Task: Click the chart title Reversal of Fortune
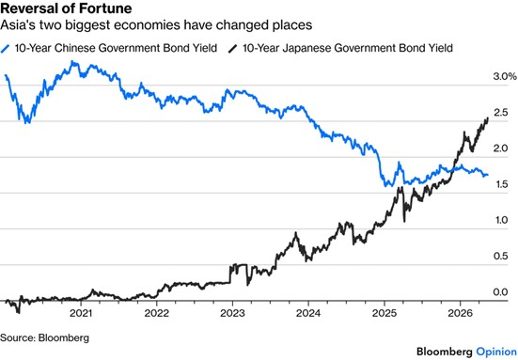[x=66, y=8]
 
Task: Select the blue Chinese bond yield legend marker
[x=5, y=49]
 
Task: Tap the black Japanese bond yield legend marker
[x=233, y=49]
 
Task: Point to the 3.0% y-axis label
[x=505, y=77]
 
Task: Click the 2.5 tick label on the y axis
[x=500, y=113]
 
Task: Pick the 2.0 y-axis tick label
[x=500, y=149]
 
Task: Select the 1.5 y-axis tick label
[x=501, y=184]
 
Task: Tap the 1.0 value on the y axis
[x=501, y=220]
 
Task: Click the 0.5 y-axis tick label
[x=500, y=256]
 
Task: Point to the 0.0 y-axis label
[x=500, y=292]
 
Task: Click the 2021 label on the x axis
[x=81, y=313]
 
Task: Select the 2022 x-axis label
[x=157, y=313]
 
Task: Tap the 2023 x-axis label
[x=232, y=313]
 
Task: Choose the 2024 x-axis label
[x=308, y=313]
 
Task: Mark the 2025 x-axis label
[x=385, y=313]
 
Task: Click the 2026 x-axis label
[x=461, y=313]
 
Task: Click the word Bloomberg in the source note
[x=64, y=338]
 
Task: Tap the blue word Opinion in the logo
[x=496, y=352]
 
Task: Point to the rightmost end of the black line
[x=488, y=117]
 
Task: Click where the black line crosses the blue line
[x=455, y=168]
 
